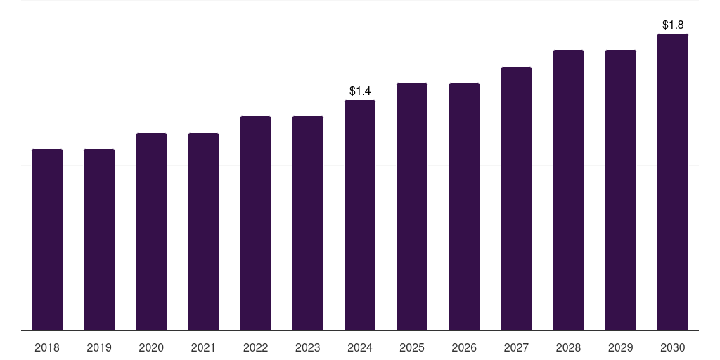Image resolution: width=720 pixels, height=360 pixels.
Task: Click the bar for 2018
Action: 47,240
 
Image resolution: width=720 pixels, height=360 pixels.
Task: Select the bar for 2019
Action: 99,240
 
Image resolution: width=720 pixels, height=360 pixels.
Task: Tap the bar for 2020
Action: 151,231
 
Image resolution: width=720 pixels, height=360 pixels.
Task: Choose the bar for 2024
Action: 360,215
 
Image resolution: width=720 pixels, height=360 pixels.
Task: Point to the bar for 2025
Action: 412,207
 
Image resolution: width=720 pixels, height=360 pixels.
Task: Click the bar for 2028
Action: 568,190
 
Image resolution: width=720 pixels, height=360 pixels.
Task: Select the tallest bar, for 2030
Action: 673,182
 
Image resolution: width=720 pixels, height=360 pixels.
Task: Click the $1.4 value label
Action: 360,91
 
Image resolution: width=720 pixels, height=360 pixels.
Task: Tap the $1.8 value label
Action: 673,25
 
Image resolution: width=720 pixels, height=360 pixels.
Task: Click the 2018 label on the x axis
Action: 47,347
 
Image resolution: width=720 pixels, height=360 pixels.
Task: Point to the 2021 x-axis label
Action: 203,347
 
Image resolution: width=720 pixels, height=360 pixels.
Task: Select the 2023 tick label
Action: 308,347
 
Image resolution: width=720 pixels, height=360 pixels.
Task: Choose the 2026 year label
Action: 464,347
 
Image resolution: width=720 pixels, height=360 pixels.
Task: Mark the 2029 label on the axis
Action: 621,347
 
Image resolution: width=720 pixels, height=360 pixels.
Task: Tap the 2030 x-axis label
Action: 673,347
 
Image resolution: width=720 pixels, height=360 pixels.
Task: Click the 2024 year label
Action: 360,347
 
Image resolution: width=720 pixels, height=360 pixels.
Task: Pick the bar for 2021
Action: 203,231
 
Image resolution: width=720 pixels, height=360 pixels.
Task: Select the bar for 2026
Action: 464,207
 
